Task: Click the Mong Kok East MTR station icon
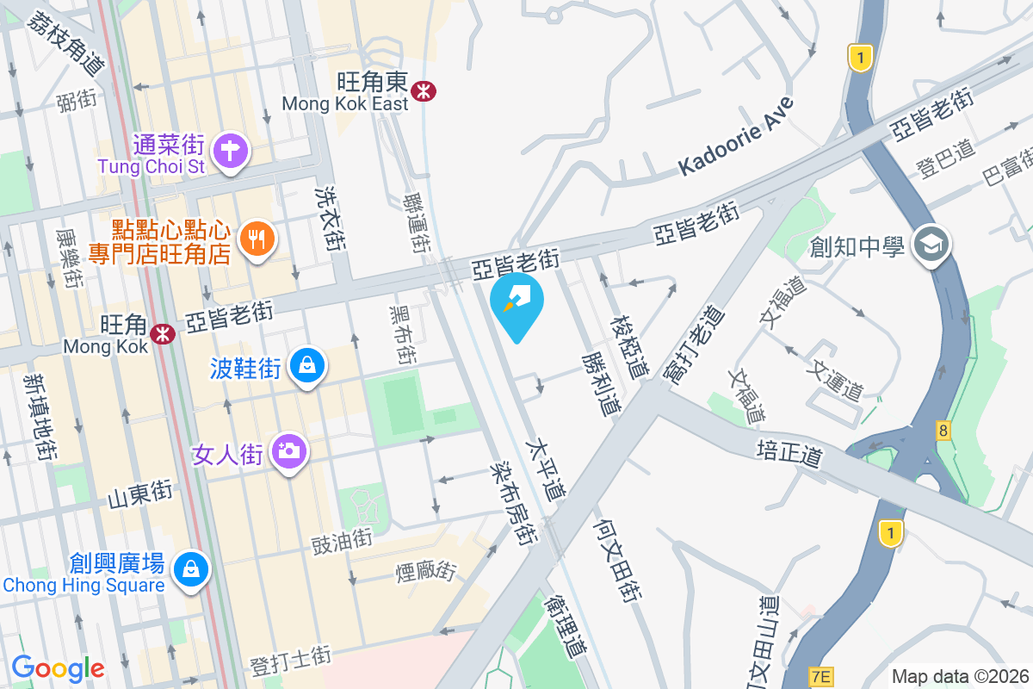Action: [423, 90]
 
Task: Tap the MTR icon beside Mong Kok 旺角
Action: [162, 332]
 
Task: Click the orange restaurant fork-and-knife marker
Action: [256, 237]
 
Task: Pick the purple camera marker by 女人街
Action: [288, 450]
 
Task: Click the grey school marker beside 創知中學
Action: [931, 245]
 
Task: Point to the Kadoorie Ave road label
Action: [735, 137]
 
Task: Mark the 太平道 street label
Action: [547, 471]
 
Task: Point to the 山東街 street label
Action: [140, 495]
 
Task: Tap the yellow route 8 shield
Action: [944, 429]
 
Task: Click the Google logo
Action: [58, 668]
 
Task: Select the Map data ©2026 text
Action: [960, 677]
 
